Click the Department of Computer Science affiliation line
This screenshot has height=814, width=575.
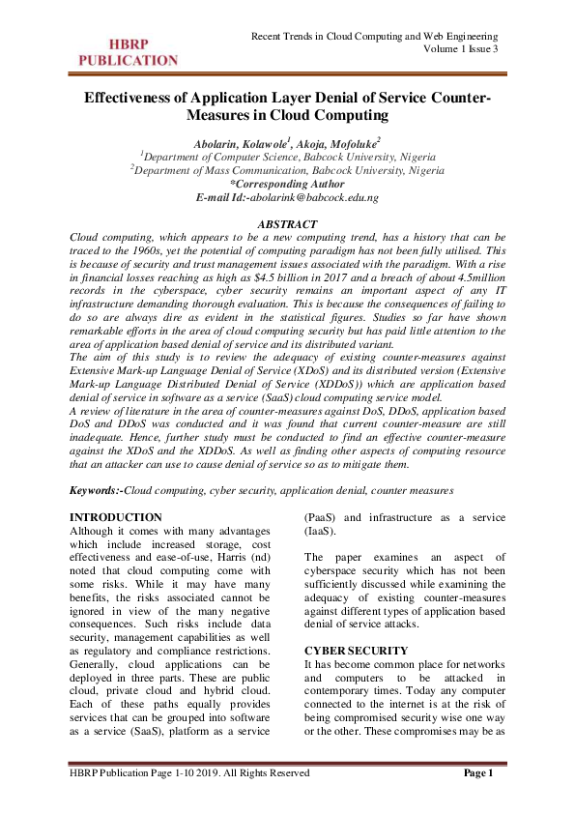(287, 156)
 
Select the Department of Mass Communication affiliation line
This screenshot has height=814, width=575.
(287, 169)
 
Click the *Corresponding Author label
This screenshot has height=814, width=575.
(287, 183)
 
